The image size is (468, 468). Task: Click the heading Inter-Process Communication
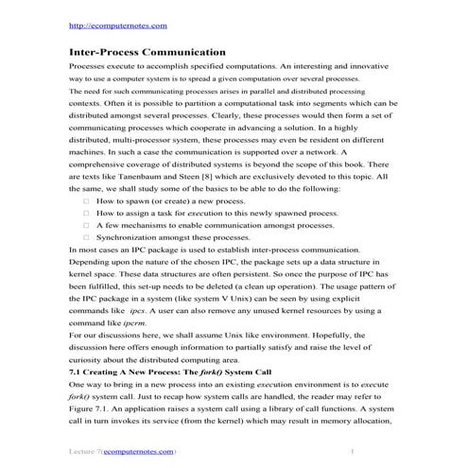point(148,53)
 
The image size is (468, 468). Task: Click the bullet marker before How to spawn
point(85,228)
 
